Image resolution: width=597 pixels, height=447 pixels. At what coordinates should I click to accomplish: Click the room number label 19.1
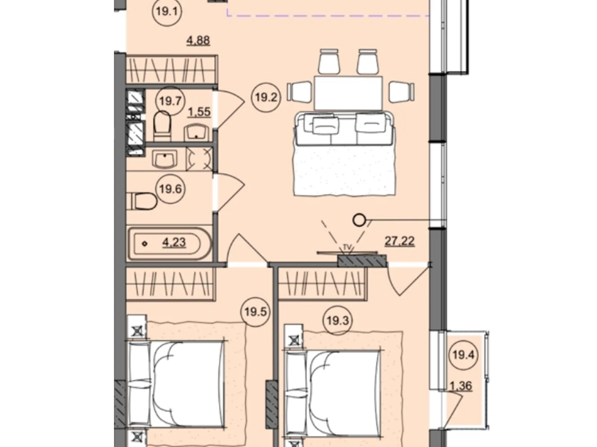click(x=167, y=12)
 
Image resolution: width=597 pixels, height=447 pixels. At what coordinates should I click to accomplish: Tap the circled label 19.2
click(x=266, y=97)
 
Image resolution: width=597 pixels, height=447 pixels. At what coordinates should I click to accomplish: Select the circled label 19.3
click(x=338, y=320)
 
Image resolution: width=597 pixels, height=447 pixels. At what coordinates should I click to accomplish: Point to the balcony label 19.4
click(x=463, y=355)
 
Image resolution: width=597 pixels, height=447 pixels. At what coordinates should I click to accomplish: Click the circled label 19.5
click(x=255, y=312)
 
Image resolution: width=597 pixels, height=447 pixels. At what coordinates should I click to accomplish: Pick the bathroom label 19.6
click(x=171, y=189)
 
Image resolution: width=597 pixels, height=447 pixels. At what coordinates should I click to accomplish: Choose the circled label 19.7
click(x=170, y=101)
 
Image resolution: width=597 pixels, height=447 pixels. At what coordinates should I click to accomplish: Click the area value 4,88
click(x=198, y=41)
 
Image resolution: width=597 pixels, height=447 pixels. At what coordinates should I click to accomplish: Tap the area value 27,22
click(x=400, y=241)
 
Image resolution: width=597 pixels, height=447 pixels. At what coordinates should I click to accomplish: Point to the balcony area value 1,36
click(x=461, y=386)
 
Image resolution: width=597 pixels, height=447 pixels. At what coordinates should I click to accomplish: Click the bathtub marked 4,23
click(x=170, y=243)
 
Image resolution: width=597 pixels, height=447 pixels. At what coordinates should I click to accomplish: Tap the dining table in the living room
click(x=348, y=93)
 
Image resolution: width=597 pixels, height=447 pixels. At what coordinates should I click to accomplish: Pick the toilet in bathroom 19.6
click(x=143, y=201)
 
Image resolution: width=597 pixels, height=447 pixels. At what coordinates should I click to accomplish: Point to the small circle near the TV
click(x=359, y=220)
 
